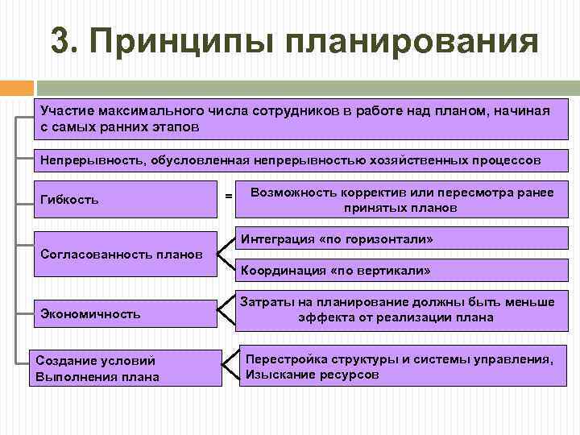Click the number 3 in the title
(x=60, y=41)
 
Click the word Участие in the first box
(x=66, y=112)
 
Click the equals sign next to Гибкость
(x=229, y=197)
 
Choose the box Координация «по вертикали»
(x=399, y=269)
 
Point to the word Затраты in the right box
(x=266, y=302)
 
